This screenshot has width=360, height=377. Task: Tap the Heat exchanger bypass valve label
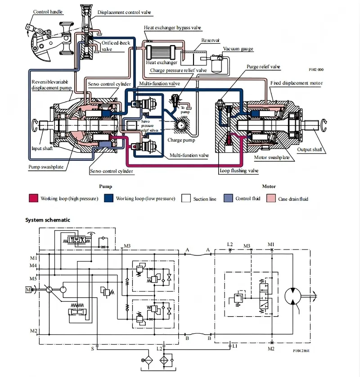tap(172, 28)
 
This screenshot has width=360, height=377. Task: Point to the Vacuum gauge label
tap(238, 49)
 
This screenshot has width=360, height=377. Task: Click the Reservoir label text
tap(210, 40)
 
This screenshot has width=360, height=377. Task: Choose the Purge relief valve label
tap(263, 67)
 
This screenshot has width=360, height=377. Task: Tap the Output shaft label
tap(310, 150)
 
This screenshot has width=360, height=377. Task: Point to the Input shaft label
tap(42, 148)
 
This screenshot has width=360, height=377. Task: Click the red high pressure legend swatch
tap(33, 198)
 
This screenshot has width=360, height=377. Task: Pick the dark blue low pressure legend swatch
tap(108, 198)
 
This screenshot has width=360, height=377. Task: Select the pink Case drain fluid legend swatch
tap(270, 198)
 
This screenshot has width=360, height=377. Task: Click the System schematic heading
tap(47, 220)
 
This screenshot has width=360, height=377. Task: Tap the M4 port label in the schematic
tap(34, 266)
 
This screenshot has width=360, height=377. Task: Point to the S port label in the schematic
tap(93, 348)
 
